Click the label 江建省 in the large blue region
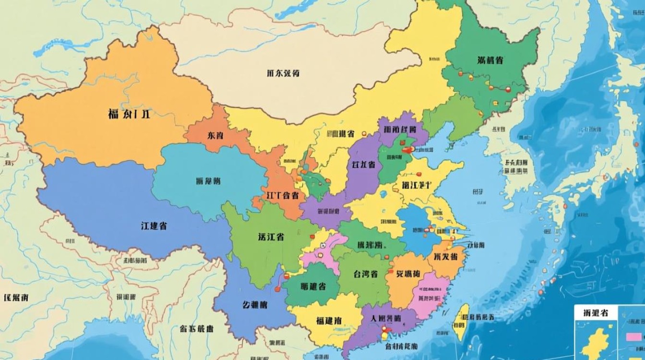[x=154, y=226]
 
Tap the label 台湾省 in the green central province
[x=365, y=274]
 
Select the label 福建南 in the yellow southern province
[x=329, y=320]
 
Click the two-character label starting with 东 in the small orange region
[x=215, y=135]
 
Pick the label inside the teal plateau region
[x=209, y=181]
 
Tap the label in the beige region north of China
[x=283, y=73]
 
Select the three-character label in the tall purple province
[x=363, y=165]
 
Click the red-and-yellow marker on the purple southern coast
[x=384, y=330]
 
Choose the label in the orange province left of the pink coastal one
[x=408, y=274]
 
